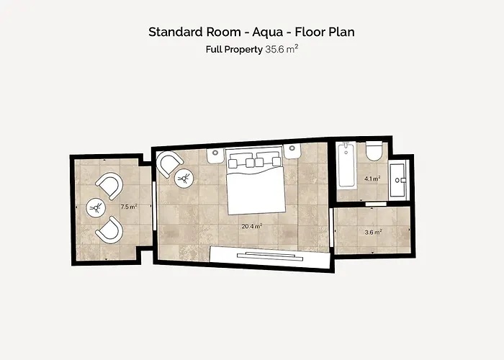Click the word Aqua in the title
click(x=267, y=32)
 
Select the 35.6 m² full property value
click(x=282, y=49)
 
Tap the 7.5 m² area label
click(x=129, y=207)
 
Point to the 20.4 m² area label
click(x=252, y=226)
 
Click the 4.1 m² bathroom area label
click(x=372, y=179)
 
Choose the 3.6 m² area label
click(x=373, y=232)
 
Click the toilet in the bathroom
click(x=374, y=150)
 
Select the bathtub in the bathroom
click(x=346, y=164)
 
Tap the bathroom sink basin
click(x=399, y=180)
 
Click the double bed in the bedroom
click(x=256, y=180)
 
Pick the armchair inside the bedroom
click(x=169, y=163)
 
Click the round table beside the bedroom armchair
click(x=184, y=178)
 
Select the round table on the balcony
click(x=96, y=207)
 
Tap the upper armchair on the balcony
click(x=110, y=186)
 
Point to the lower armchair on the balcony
click(x=110, y=230)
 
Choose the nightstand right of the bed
click(x=292, y=151)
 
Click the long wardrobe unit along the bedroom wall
click(x=270, y=257)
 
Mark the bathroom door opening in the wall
click(x=376, y=204)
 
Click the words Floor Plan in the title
click(x=325, y=32)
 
